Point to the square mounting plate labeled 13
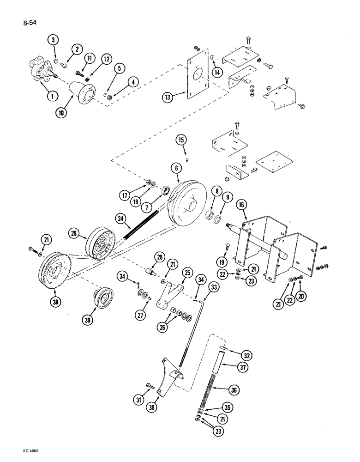(196, 79)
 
